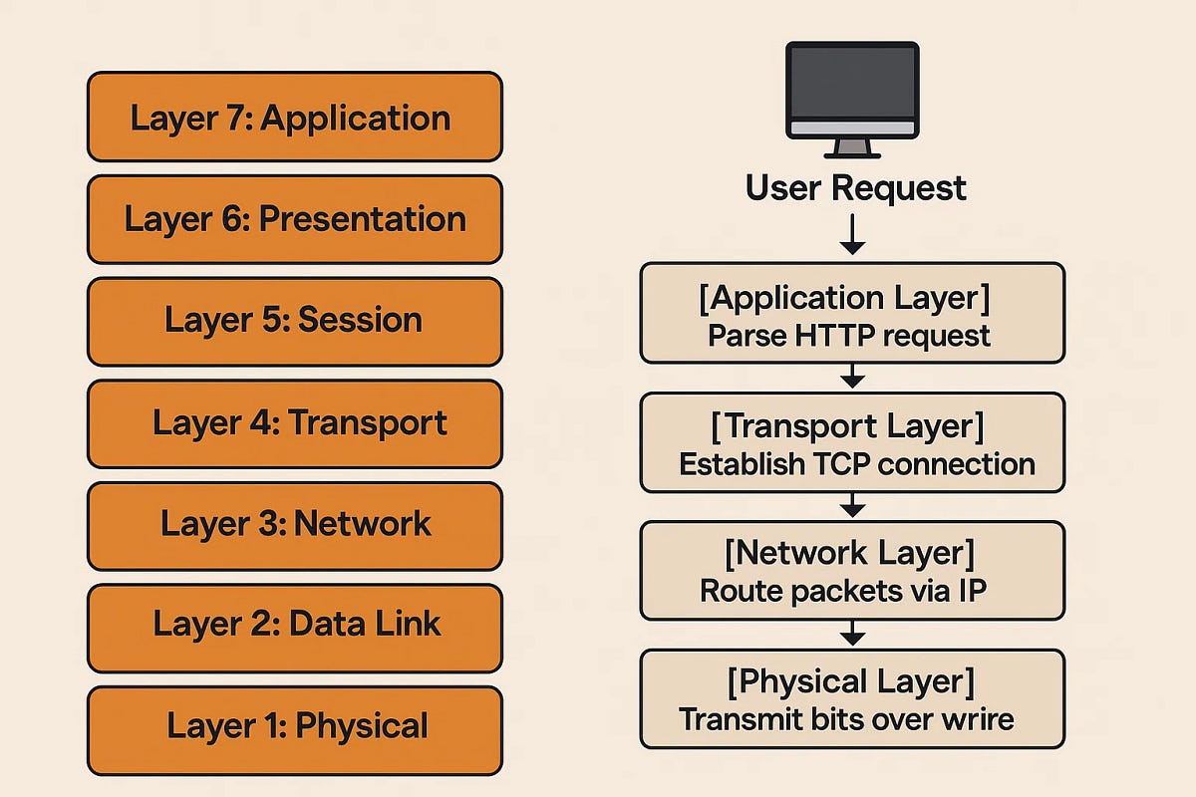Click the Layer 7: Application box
click(x=294, y=117)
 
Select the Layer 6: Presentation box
click(x=294, y=219)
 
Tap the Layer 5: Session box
click(x=294, y=321)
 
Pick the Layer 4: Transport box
click(x=294, y=423)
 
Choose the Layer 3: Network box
click(x=294, y=524)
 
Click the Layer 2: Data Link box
click(x=294, y=627)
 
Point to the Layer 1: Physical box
click(x=294, y=728)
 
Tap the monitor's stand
click(x=851, y=147)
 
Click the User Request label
click(x=855, y=188)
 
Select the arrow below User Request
click(x=852, y=236)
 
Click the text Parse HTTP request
click(x=849, y=336)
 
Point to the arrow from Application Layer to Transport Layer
click(x=852, y=377)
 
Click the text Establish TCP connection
click(x=856, y=464)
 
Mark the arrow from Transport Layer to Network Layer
click(x=852, y=506)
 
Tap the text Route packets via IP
click(x=843, y=590)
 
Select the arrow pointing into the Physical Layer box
click(x=852, y=634)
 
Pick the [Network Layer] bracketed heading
click(x=851, y=551)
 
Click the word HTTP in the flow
click(x=830, y=336)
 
